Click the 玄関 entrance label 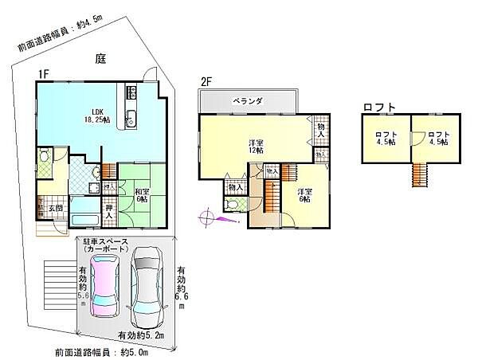[x=56, y=208]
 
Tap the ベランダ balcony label [x=248, y=101]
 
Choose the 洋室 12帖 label [x=255, y=147]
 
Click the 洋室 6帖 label [x=305, y=196]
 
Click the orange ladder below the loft [x=420, y=173]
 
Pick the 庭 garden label [x=100, y=58]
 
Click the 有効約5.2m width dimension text [x=142, y=335]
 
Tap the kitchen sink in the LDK [x=131, y=122]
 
